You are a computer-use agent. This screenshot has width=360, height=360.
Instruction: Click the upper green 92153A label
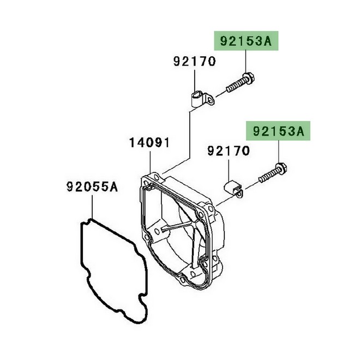coord(246,41)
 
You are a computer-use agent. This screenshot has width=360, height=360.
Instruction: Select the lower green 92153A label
coord(278,131)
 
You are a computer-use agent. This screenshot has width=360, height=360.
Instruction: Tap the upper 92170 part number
coord(195,61)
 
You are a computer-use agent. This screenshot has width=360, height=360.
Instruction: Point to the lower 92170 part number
coord(229,151)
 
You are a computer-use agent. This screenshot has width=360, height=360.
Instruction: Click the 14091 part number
coord(149,142)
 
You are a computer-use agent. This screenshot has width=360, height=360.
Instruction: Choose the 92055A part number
coord(92,187)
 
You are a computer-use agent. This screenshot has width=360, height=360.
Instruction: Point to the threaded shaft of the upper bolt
coord(235,85)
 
